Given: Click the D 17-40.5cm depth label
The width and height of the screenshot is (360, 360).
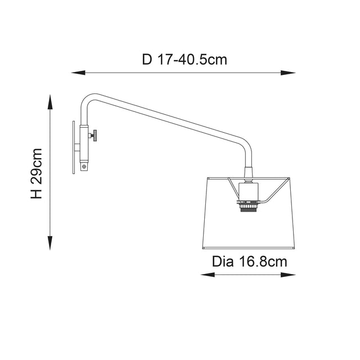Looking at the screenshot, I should coord(184,59).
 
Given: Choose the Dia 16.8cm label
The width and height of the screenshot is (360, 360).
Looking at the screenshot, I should coord(249,262).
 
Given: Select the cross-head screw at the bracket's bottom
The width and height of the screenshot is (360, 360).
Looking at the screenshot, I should coord(84,166).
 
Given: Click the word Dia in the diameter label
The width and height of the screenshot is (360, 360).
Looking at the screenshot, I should coord(222,262).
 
